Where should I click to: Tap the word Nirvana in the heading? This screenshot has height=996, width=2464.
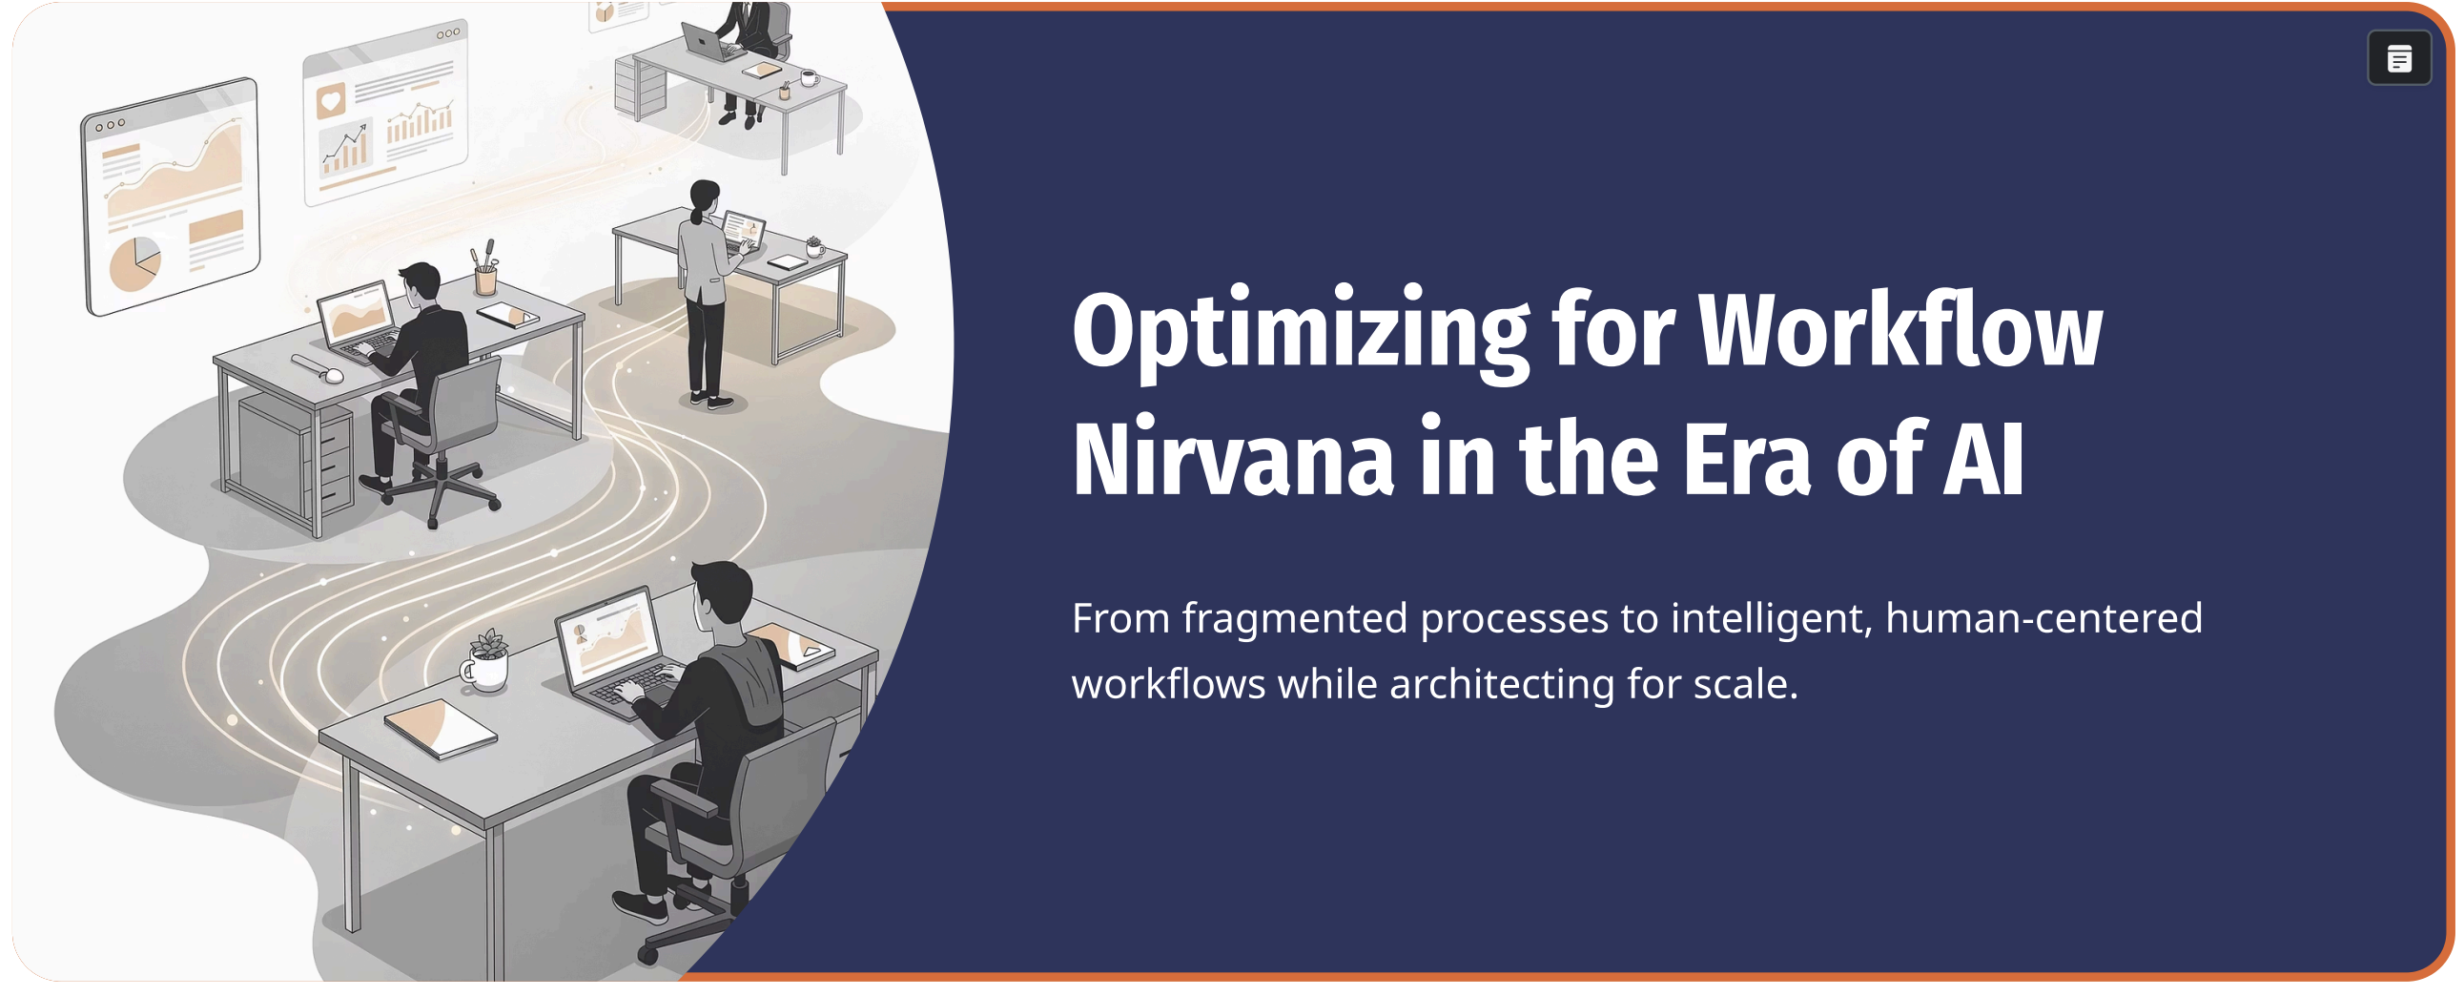coord(1232,461)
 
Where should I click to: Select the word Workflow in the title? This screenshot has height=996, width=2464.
coord(1899,332)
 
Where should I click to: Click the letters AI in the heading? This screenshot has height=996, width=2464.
coord(1983,461)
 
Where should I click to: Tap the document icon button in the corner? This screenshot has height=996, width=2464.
coord(2398,59)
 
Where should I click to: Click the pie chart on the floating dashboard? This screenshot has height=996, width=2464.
coord(133,264)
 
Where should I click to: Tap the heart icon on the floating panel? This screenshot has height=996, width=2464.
coord(330,99)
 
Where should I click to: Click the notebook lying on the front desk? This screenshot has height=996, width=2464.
coord(441,727)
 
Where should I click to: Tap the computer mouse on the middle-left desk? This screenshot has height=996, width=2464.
coord(333,375)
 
